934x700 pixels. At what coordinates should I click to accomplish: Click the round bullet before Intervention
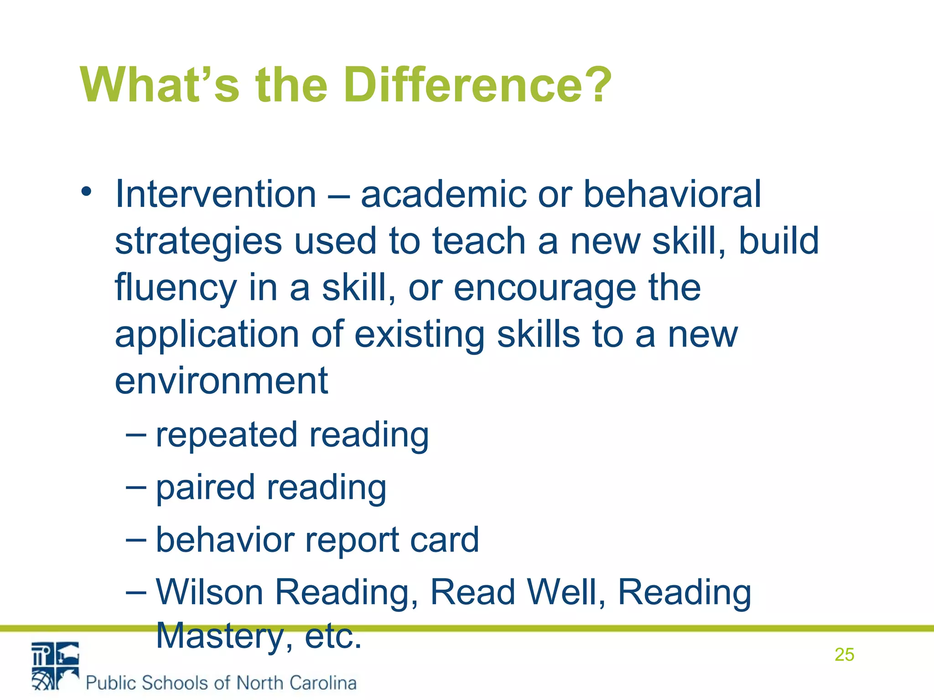coord(86,191)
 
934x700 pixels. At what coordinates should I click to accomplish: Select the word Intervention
coord(216,194)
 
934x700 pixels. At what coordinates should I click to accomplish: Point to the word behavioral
coord(672,194)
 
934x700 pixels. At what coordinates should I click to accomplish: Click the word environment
coord(221,381)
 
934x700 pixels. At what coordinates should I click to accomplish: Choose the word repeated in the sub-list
coord(227,436)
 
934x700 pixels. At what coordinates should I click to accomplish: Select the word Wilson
coord(210,592)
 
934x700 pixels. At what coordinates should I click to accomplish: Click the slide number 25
coord(844,655)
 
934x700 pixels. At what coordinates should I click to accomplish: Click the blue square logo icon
coord(55,666)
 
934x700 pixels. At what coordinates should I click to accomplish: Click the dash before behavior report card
coord(136,540)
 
